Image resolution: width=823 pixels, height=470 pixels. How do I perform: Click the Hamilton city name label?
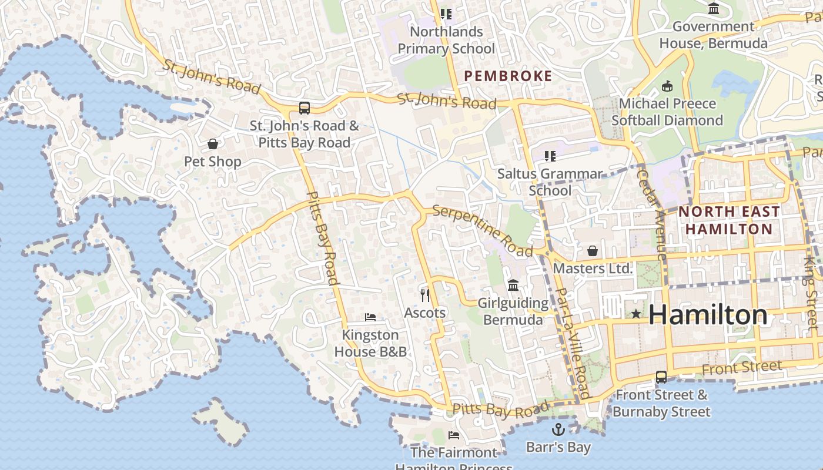708,315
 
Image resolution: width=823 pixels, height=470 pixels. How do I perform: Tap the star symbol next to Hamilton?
635,314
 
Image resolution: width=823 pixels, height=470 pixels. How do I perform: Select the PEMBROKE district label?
508,76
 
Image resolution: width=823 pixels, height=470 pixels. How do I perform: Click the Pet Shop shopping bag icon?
213,144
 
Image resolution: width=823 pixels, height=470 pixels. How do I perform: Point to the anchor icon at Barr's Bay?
558,429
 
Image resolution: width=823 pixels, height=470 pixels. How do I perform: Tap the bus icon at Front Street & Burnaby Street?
661,377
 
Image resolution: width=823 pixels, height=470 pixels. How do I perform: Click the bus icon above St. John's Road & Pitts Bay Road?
304,108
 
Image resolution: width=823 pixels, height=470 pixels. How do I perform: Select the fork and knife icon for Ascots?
425,295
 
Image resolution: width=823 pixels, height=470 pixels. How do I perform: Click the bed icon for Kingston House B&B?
370,317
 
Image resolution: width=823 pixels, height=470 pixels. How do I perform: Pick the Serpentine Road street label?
482,230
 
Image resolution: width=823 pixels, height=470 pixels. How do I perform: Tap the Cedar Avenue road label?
653,214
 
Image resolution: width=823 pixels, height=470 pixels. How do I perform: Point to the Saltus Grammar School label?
550,182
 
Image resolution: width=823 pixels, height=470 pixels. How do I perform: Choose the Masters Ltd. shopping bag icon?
593,251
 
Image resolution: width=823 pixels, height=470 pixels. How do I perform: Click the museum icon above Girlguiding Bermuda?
513,286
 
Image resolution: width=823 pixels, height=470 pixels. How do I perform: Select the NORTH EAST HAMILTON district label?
729,220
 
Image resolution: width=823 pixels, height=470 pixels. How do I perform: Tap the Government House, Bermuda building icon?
714,9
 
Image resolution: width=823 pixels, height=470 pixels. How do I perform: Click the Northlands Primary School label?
446,40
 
